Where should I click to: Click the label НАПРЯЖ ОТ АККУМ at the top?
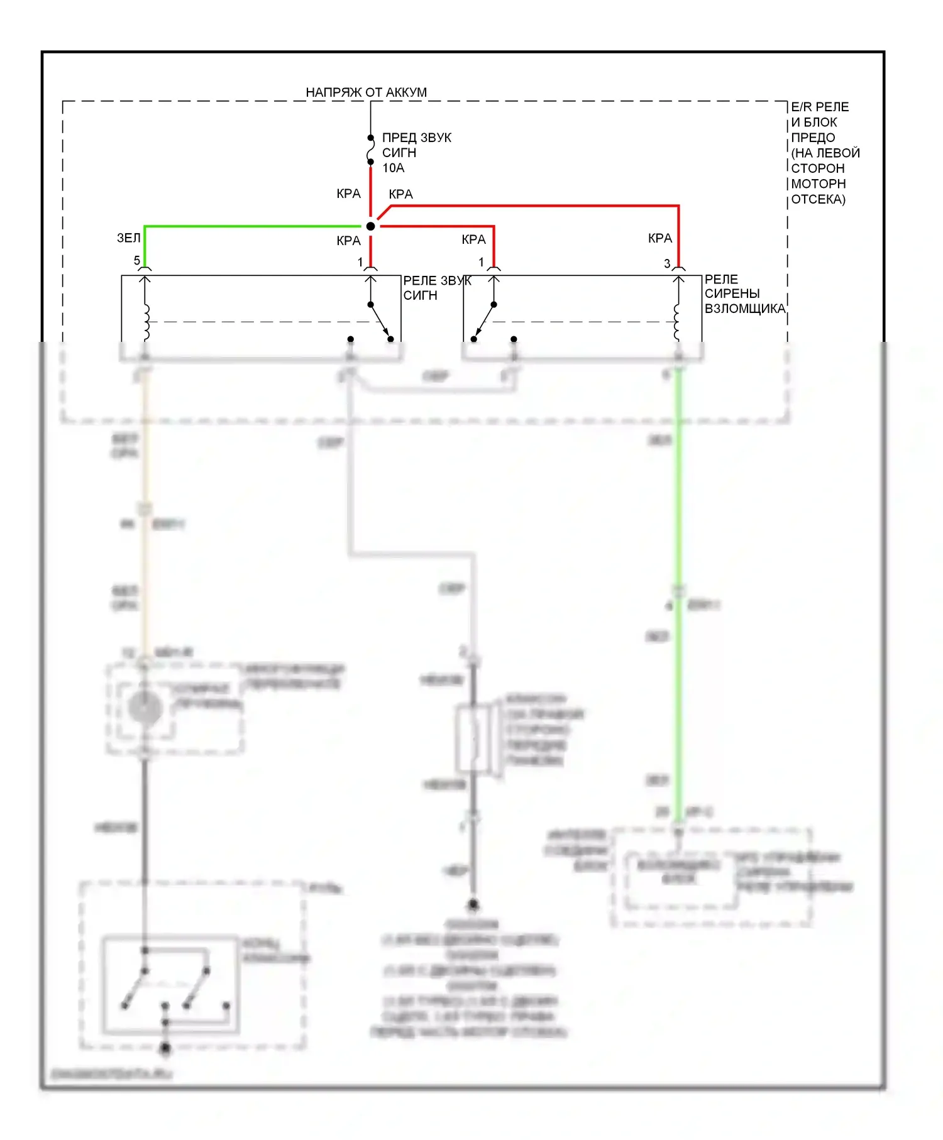(366, 92)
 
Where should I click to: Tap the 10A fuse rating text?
(394, 168)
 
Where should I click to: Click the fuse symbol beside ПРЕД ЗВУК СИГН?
(371, 150)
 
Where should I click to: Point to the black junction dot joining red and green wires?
(371, 226)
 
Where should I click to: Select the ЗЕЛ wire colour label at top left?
(128, 238)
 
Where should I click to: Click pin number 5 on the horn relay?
(136, 261)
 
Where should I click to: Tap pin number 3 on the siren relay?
(667, 264)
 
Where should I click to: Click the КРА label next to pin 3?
(660, 238)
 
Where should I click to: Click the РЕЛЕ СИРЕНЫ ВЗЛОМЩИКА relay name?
(744, 294)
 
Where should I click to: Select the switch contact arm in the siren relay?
(484, 322)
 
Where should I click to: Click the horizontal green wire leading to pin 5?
(251, 226)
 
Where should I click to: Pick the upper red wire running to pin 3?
(534, 206)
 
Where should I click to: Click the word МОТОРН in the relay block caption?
(818, 184)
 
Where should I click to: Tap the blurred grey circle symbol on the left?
(145, 708)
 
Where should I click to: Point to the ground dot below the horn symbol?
(473, 904)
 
